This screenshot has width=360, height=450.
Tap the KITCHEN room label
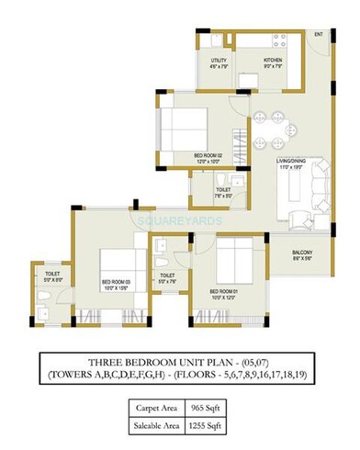click(x=274, y=61)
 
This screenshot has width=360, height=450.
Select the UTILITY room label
click(x=219, y=61)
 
